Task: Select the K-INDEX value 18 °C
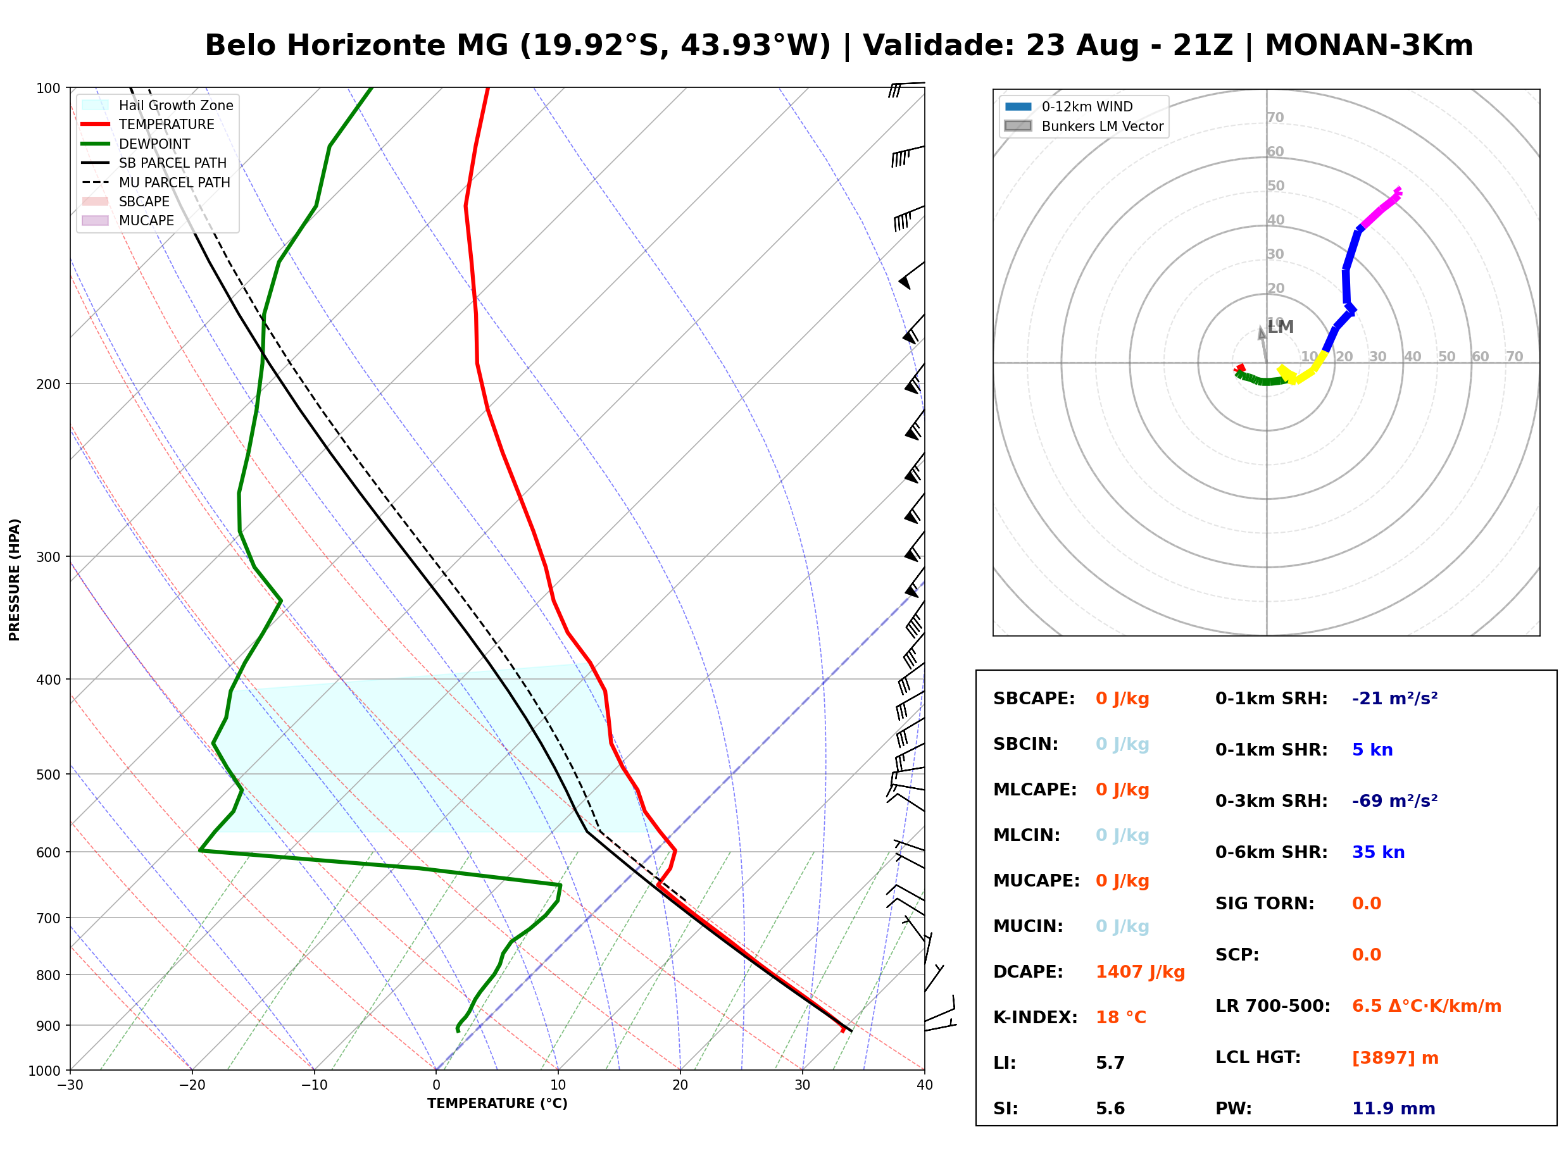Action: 1120,1018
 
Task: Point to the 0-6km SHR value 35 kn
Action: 1378,852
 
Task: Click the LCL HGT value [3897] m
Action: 1395,1058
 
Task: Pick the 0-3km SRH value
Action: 1394,801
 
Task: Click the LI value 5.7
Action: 1110,1063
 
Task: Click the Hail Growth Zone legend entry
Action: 158,105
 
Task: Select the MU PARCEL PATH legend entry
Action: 156,182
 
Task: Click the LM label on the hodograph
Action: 1280,327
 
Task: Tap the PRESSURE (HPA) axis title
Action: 15,580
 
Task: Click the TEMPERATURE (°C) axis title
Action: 497,1104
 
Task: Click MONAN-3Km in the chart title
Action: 1369,45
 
